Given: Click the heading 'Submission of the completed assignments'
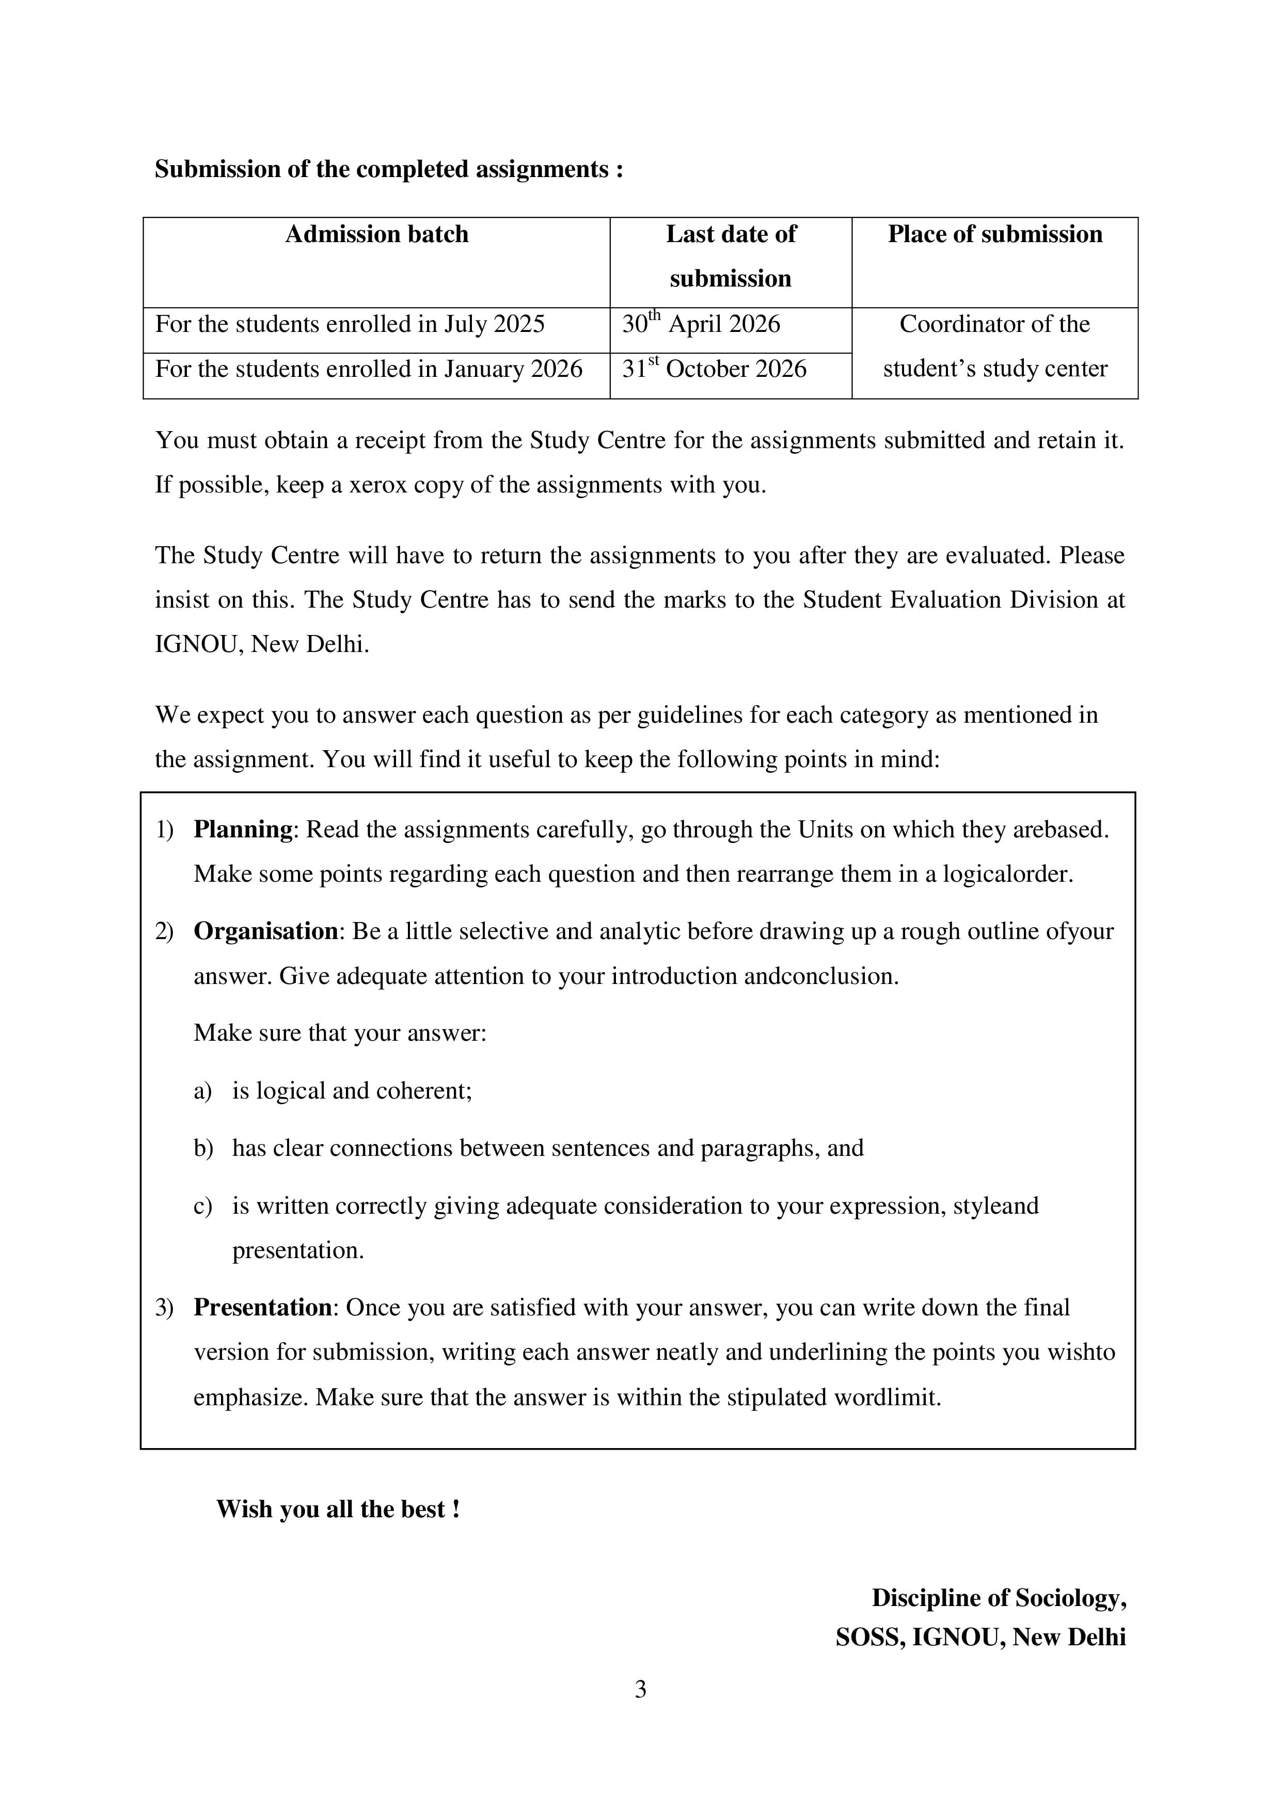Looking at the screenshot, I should click(x=388, y=169).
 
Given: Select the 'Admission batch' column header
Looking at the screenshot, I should click(x=376, y=234).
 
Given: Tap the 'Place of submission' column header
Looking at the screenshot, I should click(x=994, y=234).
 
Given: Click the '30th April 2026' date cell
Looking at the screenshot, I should click(x=701, y=324).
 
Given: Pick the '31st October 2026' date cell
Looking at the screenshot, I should click(x=714, y=369).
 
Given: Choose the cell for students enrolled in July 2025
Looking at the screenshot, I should click(x=350, y=324).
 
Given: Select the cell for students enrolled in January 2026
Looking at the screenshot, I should click(x=368, y=369).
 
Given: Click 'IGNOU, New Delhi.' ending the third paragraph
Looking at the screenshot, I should click(x=262, y=644).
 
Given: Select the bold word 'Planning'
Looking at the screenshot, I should click(x=243, y=830).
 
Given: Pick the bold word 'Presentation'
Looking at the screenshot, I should click(x=263, y=1308).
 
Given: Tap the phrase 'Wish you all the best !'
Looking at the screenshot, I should click(x=338, y=1510).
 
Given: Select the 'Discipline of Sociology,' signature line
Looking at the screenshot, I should click(x=999, y=1598).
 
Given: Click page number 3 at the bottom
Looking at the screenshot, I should click(x=640, y=1690).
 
